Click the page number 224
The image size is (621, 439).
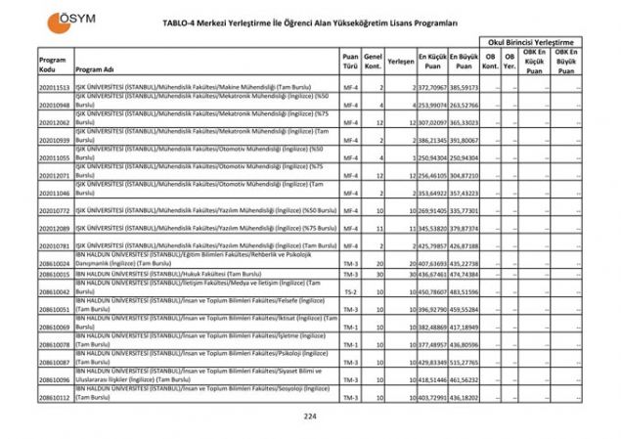tap(311, 416)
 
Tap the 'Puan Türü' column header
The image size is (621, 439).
tap(350, 65)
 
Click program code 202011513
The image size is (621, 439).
tap(55, 88)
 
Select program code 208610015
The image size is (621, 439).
tap(55, 274)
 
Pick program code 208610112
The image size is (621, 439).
tap(55, 398)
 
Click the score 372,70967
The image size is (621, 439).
tap(433, 88)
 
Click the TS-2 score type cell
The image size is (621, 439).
tap(350, 291)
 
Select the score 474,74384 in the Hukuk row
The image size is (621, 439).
tap(464, 274)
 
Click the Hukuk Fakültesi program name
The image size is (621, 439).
tap(167, 274)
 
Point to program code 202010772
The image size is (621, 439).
tap(55, 210)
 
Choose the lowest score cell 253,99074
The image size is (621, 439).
tap(433, 105)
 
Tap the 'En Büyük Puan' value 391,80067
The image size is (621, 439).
tap(464, 141)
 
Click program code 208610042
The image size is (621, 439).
tap(55, 291)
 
